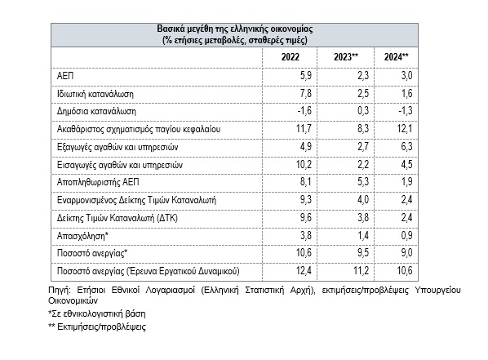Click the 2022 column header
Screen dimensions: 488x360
pos(290,57)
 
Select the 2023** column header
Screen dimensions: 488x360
pos(346,57)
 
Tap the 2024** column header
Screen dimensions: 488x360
pos(396,57)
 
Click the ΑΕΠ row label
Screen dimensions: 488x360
pos(65,76)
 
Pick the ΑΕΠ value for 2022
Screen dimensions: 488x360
pos(306,76)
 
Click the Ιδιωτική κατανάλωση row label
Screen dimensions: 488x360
pos(95,94)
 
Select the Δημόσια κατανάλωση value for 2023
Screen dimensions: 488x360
pos(363,111)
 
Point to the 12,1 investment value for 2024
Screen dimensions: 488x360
pos(405,129)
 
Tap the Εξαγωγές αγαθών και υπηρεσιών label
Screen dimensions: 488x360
pos(118,147)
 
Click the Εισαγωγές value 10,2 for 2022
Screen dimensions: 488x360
pos(304,164)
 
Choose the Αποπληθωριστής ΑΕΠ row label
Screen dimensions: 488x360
pos(98,182)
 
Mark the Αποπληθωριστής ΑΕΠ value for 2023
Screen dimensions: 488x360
pos(363,181)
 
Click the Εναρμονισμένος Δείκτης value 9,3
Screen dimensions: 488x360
pos(306,199)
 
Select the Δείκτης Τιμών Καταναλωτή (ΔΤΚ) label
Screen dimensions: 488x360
pos(118,217)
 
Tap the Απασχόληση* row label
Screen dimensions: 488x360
pos(82,236)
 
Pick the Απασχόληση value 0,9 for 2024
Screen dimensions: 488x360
pos(406,235)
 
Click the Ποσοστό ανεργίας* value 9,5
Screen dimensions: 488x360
pos(363,252)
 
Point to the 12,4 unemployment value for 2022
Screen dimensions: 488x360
pos(304,270)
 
